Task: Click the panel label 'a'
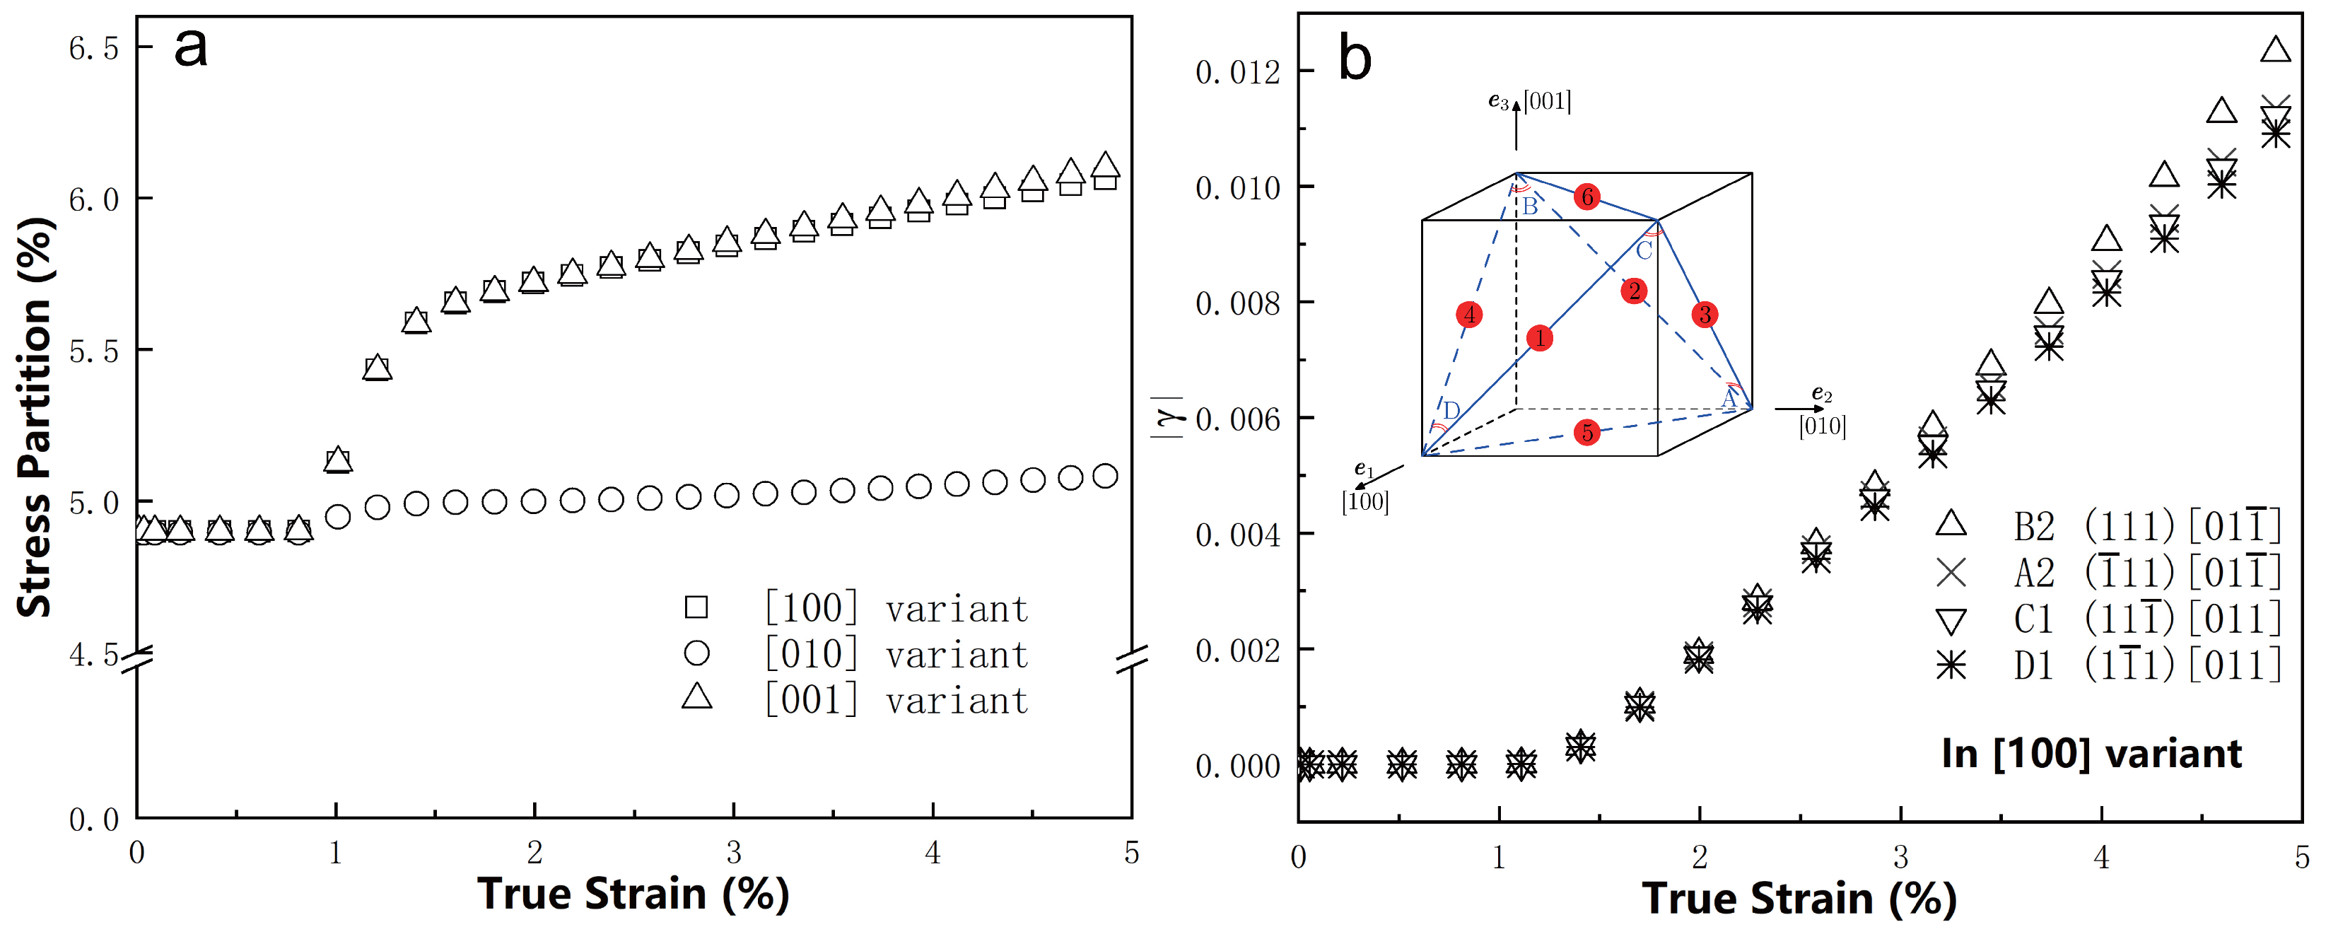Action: [x=190, y=47]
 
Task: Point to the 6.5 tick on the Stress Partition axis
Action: [x=94, y=48]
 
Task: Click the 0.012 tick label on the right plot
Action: [x=1238, y=72]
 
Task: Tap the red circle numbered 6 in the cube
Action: [x=1586, y=197]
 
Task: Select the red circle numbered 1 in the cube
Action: [x=1540, y=339]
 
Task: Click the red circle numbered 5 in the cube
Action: [x=1586, y=433]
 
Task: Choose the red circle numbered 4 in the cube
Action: [x=1469, y=314]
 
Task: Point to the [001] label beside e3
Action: [x=1547, y=101]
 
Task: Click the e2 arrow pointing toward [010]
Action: [x=1799, y=409]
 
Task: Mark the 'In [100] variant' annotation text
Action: [x=2091, y=753]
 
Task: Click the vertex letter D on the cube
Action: [x=1451, y=411]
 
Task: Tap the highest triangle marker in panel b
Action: [x=2275, y=49]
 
